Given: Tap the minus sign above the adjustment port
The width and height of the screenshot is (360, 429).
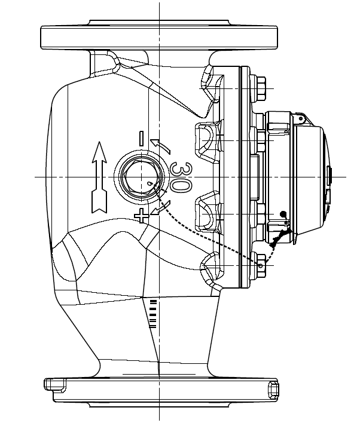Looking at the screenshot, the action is click(141, 139).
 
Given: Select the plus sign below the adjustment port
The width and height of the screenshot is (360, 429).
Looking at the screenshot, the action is click(142, 216).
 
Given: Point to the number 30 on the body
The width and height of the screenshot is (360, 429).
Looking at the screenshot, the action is click(181, 177).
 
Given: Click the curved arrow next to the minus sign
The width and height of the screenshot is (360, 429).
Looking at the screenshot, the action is click(161, 146).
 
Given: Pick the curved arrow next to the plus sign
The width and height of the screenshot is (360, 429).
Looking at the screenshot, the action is click(161, 209).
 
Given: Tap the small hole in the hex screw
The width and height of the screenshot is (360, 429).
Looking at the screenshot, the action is click(150, 183).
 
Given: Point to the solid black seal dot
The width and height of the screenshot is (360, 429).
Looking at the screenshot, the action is click(283, 214).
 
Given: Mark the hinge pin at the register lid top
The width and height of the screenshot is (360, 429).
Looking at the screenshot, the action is click(301, 119).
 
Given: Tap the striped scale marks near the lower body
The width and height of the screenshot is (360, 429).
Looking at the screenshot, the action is click(152, 314).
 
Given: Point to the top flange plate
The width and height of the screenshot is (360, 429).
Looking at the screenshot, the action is click(159, 38).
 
